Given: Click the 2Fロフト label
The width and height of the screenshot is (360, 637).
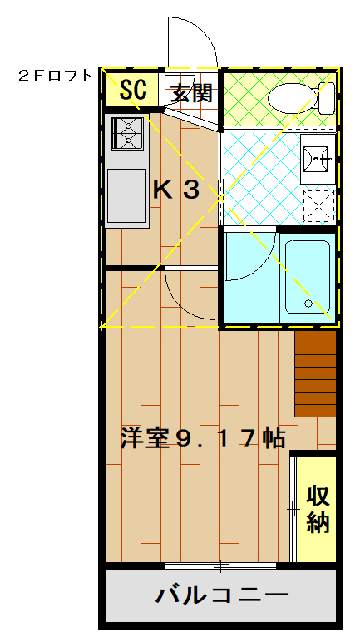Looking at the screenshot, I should click(x=55, y=76).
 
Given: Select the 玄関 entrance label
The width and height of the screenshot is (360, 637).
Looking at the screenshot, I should click(x=192, y=92).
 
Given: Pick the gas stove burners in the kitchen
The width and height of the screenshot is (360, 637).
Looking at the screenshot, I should click(x=128, y=133).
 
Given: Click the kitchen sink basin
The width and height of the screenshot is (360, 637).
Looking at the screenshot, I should click(x=126, y=194).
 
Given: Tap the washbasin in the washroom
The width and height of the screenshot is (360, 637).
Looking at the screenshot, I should click(x=317, y=157).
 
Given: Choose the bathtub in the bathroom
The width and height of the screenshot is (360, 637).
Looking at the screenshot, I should click(x=308, y=279).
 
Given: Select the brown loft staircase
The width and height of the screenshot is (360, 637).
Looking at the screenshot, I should click(x=315, y=373).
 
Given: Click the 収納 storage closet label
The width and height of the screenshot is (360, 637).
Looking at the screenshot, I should click(x=318, y=509).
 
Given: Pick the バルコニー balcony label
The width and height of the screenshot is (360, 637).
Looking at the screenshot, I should click(x=222, y=595).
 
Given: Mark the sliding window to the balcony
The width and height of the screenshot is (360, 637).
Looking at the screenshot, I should click(x=220, y=567).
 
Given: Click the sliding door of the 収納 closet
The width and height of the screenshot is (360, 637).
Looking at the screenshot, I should click(x=293, y=507).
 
